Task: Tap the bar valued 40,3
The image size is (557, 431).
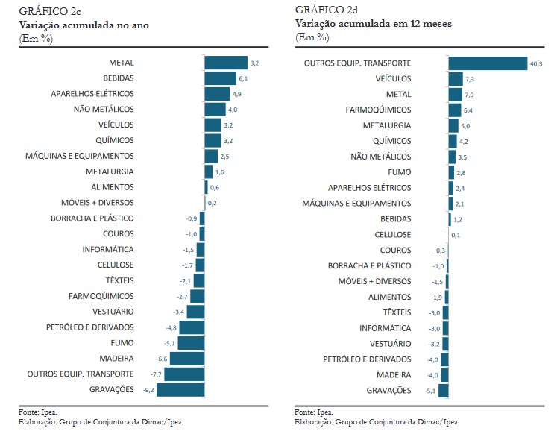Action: coord(488,63)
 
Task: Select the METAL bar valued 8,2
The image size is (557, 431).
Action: coord(226,63)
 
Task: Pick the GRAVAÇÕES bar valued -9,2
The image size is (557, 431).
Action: coord(180,389)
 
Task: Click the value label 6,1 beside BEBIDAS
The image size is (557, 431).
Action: coord(243,78)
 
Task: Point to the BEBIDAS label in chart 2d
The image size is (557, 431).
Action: coord(395,219)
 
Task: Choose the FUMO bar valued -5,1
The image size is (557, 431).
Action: coord(192,343)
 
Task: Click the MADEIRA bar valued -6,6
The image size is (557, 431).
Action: coord(187,359)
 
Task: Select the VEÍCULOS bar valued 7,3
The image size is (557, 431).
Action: coord(456,78)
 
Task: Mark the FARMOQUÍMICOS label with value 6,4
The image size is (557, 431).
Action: coord(378,110)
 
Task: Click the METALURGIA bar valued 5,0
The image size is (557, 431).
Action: coord(453,125)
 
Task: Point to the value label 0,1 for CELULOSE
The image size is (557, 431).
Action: coord(456,235)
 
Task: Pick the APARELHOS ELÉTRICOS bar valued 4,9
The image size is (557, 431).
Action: coord(217,94)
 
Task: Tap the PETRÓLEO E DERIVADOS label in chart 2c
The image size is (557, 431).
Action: coord(89,327)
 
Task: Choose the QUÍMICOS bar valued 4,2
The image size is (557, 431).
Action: coord(453,141)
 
